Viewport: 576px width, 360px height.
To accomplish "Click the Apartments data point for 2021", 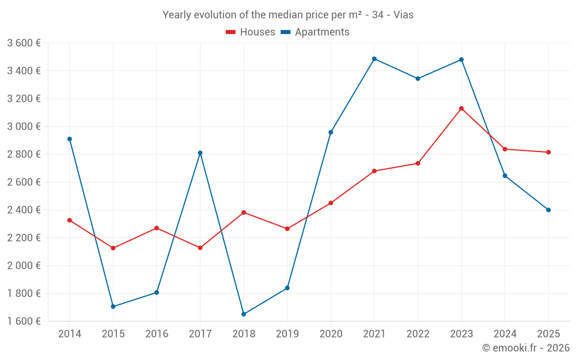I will tap(374, 59).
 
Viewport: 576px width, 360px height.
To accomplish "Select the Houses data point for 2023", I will tap(461, 108).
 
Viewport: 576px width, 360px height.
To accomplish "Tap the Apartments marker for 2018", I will tap(244, 314).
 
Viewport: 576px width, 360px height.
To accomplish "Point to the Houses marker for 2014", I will tap(70, 220).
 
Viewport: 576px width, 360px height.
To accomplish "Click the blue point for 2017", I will tap(200, 153).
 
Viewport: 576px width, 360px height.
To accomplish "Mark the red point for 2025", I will tap(548, 152).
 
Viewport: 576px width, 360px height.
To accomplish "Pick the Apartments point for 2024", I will tap(505, 176).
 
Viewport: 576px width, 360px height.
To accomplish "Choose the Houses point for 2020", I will tap(331, 203).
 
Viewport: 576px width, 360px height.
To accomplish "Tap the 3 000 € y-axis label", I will tap(24, 126).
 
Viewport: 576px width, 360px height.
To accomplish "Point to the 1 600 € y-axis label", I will tap(24, 321).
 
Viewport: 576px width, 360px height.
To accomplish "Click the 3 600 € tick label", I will tap(24, 43).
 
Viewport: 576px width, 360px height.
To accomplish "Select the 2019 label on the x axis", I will tap(287, 334).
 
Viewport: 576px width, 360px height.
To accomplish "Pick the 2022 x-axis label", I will tap(418, 334).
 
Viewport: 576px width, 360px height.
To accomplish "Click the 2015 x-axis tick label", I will tap(113, 334).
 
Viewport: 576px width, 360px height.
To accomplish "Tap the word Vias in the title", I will tap(403, 15).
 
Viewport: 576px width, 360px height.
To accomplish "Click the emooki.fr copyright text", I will tap(526, 348).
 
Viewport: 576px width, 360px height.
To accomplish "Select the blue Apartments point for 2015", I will tap(113, 306).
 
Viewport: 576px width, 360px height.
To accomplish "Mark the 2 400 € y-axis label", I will tap(24, 210).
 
